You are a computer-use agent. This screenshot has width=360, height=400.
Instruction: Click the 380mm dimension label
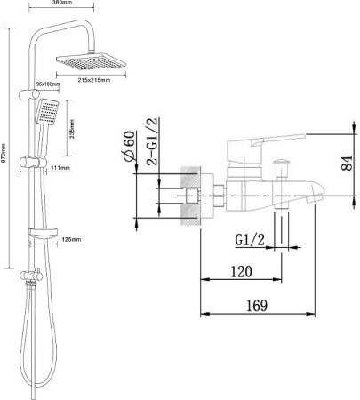coord(61,3)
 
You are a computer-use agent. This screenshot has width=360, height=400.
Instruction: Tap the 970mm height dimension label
coord(4,151)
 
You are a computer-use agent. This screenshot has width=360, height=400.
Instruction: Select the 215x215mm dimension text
coord(94,80)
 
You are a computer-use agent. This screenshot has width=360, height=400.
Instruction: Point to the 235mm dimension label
coord(71,129)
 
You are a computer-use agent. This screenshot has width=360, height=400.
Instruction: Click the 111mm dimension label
coord(60,168)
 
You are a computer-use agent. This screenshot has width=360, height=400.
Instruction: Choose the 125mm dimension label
coord(71,239)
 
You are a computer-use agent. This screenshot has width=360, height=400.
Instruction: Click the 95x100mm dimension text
coord(48,84)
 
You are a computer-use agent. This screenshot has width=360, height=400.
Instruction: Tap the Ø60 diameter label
coord(129,146)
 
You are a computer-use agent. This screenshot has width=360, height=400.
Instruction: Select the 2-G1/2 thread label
coord(153,141)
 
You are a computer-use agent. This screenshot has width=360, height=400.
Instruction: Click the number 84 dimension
coord(347,163)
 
